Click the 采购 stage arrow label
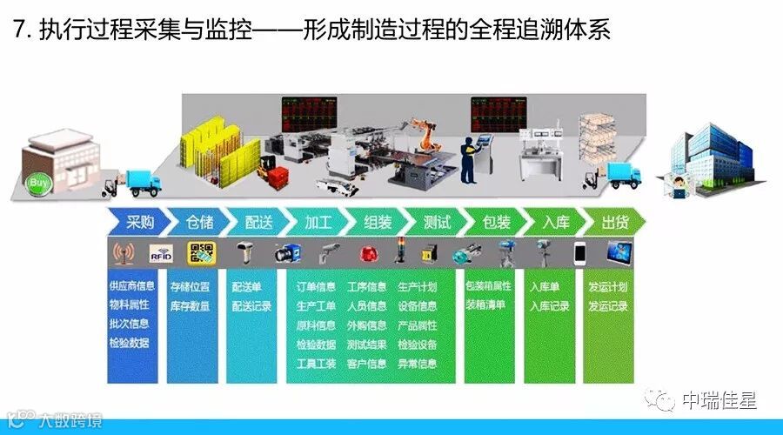(140, 222)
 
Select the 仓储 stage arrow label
(199, 222)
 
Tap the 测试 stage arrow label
(436, 222)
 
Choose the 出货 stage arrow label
(614, 222)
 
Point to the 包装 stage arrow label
(496, 222)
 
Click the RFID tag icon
(163, 254)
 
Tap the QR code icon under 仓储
(202, 253)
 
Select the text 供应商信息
(132, 286)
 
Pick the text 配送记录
(251, 305)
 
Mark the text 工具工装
(316, 364)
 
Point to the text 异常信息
(418, 364)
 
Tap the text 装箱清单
(485, 305)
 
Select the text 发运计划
(607, 286)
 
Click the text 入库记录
(549, 305)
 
